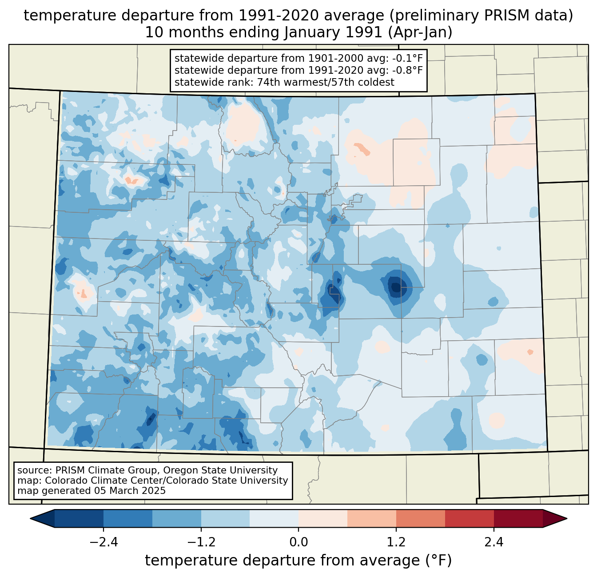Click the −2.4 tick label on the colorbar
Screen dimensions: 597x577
(x=103, y=542)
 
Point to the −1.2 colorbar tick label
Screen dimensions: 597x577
(x=201, y=542)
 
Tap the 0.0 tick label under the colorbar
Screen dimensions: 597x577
(x=298, y=542)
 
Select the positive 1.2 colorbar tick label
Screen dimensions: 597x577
(x=396, y=542)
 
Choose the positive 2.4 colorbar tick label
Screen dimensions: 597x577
(x=494, y=542)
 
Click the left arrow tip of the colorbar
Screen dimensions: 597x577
(x=31, y=518)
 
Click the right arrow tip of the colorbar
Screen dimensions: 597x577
(x=567, y=518)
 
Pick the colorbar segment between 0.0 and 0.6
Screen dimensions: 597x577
(x=323, y=518)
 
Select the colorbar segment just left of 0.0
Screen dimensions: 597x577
(x=274, y=518)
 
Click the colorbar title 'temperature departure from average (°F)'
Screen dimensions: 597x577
(x=298, y=561)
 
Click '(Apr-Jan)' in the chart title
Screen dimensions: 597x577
(x=420, y=33)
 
